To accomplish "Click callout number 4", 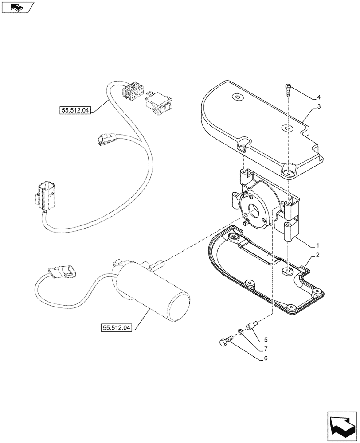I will click(x=318, y=97).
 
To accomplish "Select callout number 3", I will click(x=318, y=107).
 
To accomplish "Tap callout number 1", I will click(x=318, y=245).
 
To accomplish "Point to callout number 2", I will click(x=318, y=256).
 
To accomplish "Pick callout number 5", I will click(x=266, y=340).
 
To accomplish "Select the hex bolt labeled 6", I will click(x=225, y=342).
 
